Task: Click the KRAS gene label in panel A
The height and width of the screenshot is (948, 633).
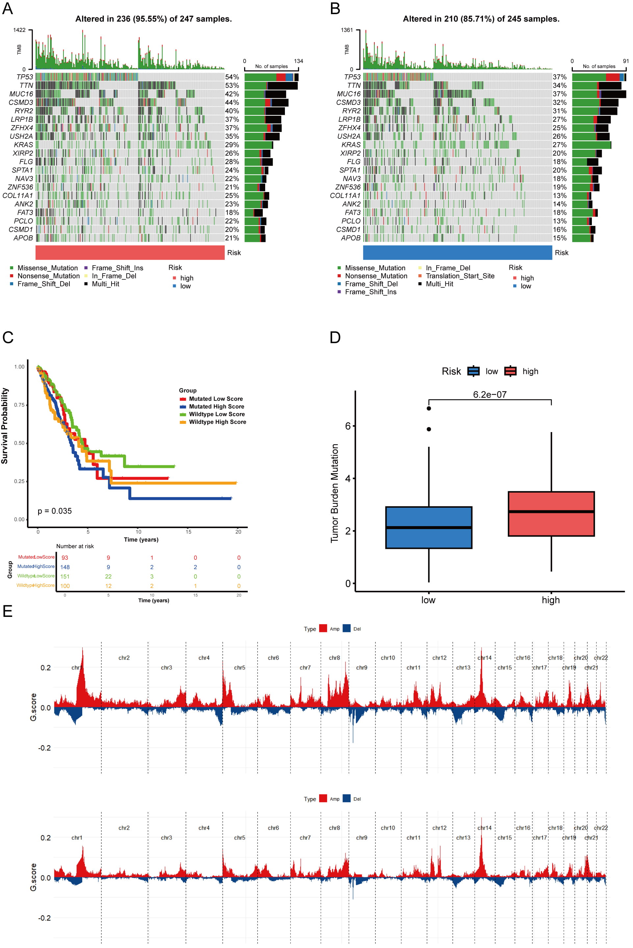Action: click(x=23, y=144)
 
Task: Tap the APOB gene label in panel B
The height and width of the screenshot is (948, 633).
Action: click(x=350, y=238)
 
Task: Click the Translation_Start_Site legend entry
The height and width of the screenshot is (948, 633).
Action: click(x=460, y=276)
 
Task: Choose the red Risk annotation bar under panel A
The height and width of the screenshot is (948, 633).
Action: click(x=130, y=253)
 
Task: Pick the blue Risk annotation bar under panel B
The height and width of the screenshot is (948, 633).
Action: click(x=457, y=253)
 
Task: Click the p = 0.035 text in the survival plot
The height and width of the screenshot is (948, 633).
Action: click(x=55, y=511)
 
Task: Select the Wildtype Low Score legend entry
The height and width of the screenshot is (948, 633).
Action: click(x=217, y=414)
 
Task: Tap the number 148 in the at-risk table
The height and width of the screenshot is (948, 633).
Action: click(x=65, y=567)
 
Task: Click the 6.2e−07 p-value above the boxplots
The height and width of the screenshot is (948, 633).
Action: click(x=490, y=395)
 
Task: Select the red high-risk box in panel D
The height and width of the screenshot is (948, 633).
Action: click(x=551, y=514)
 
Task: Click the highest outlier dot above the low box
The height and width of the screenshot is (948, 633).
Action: click(x=429, y=408)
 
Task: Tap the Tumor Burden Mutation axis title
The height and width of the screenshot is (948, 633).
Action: click(x=335, y=493)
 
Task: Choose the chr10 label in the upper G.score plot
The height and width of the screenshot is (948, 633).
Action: click(x=388, y=658)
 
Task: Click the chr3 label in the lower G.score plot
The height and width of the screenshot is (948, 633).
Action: click(x=166, y=838)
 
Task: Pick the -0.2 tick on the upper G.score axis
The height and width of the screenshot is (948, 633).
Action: click(x=44, y=748)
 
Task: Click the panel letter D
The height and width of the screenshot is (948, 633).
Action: click(x=335, y=337)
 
